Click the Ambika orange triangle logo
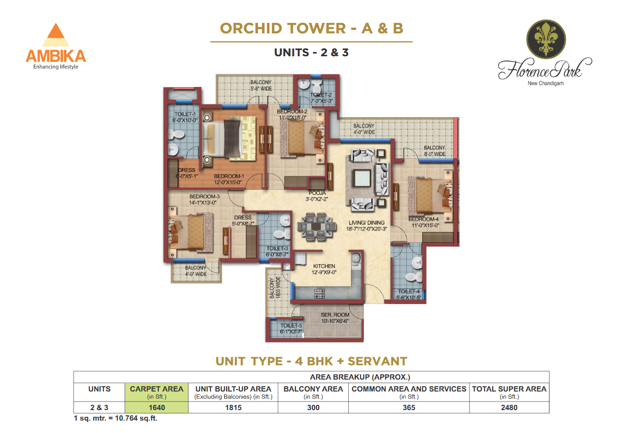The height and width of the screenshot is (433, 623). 56,34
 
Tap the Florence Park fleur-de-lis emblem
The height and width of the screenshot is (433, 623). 546,39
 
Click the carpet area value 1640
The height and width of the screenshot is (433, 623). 156,407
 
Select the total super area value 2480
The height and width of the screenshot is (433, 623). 509,407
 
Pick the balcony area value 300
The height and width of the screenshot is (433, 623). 313,407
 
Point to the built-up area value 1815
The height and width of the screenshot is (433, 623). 233,407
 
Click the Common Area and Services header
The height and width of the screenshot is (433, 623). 408,389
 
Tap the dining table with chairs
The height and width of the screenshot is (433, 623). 316,227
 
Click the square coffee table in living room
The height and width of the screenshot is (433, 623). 362,178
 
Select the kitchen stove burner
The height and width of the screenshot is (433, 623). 319,293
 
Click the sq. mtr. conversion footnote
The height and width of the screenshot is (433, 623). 115,418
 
